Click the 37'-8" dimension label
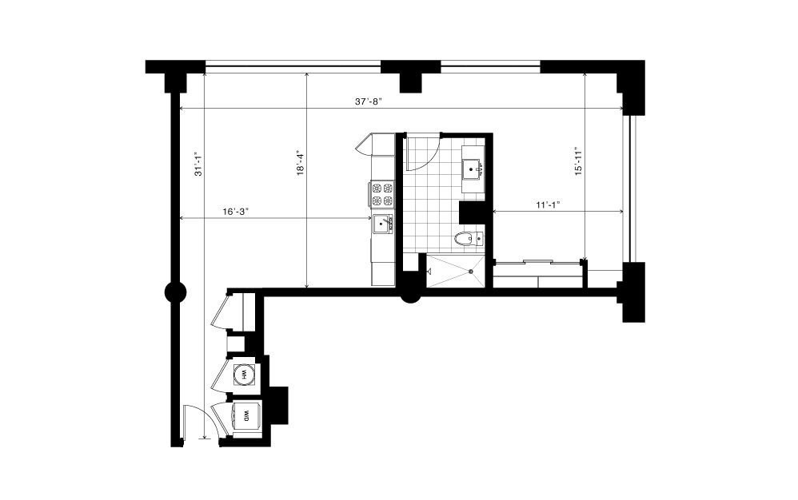point(368,101)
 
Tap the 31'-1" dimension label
point(198,165)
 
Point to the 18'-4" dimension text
point(301,163)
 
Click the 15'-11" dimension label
point(578,161)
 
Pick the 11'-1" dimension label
point(548,204)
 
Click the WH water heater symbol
point(244,375)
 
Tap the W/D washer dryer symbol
point(246,418)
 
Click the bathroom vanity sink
point(473,167)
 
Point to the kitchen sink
point(383,224)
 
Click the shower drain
point(471,272)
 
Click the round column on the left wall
point(176,292)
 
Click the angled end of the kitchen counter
point(365,144)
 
